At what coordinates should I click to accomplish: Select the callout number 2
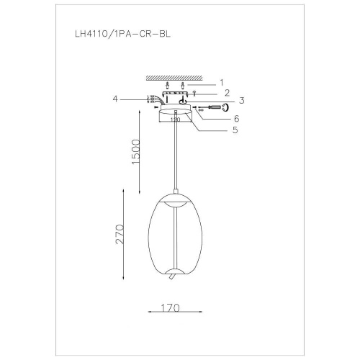226,93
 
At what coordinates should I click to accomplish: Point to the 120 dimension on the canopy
174,120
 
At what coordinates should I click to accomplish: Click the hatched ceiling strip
174,76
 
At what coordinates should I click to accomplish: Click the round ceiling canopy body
173,115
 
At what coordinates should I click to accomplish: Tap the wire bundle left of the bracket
153,100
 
